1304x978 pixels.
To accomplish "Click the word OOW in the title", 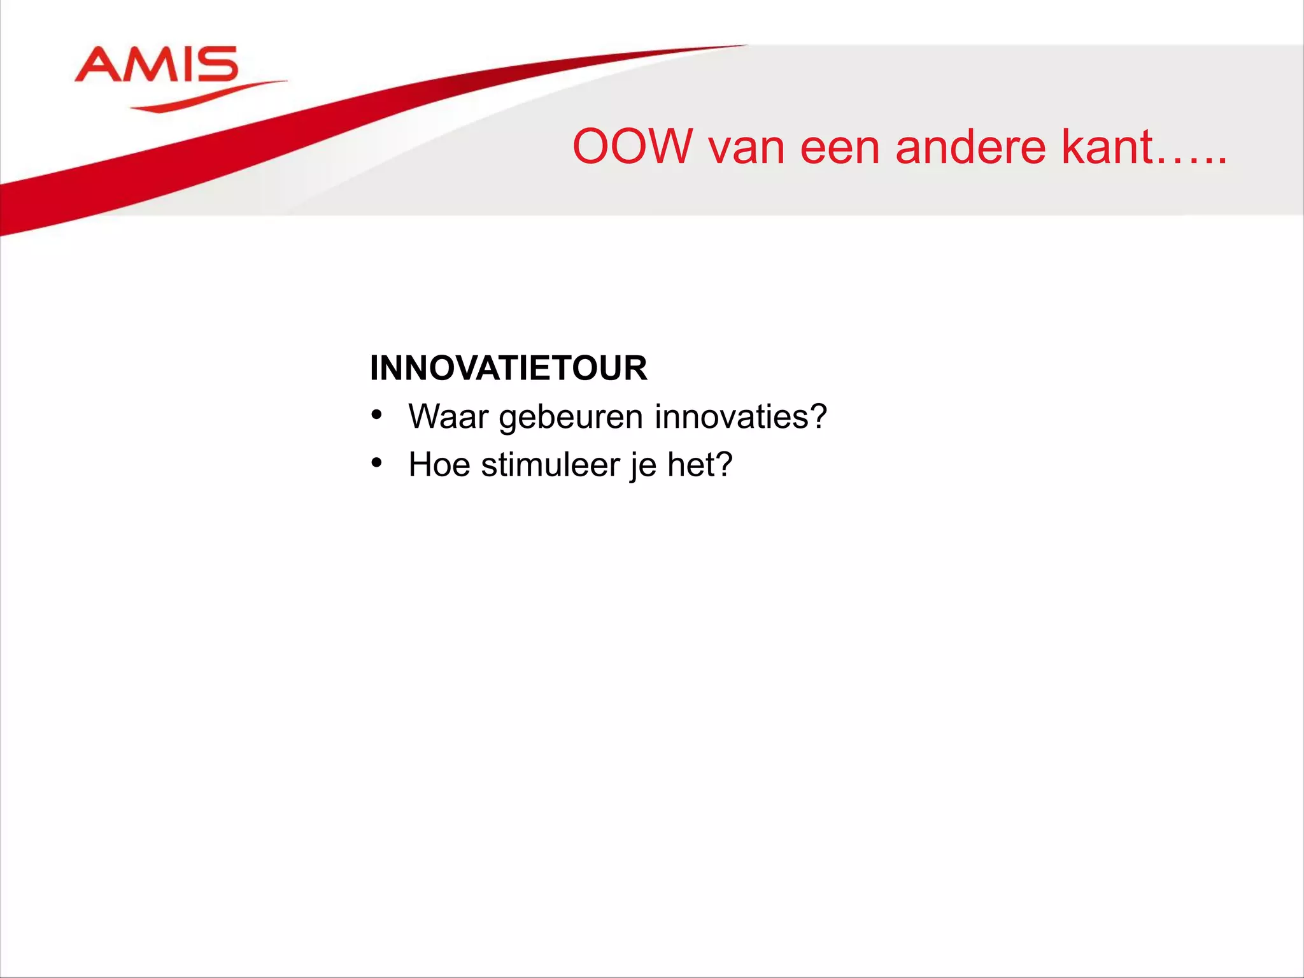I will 632,147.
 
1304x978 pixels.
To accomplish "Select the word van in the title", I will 746,148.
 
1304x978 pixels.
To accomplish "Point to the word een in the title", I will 839,148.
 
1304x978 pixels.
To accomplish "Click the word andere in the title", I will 970,147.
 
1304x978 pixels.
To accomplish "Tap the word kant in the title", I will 1107,147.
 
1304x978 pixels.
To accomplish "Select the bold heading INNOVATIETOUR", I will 508,368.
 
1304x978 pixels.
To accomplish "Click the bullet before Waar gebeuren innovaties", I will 376,415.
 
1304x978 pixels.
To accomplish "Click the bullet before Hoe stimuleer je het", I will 376,463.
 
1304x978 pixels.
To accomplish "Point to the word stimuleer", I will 550,464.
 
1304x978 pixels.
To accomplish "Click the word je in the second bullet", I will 642,465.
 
